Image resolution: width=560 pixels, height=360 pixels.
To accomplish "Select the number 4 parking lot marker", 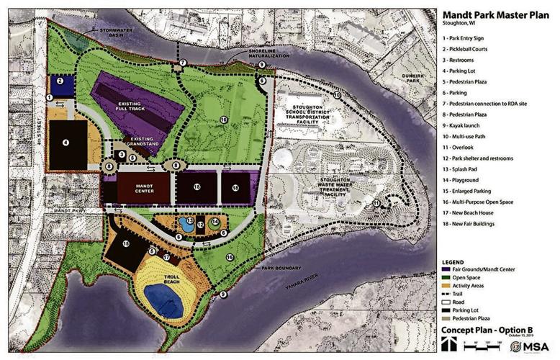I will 66,143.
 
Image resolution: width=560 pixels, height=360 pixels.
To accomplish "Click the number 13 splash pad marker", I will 189,220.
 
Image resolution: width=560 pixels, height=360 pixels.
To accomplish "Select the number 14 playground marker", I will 216,222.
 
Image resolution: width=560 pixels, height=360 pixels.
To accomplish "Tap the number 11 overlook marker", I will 376,203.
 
